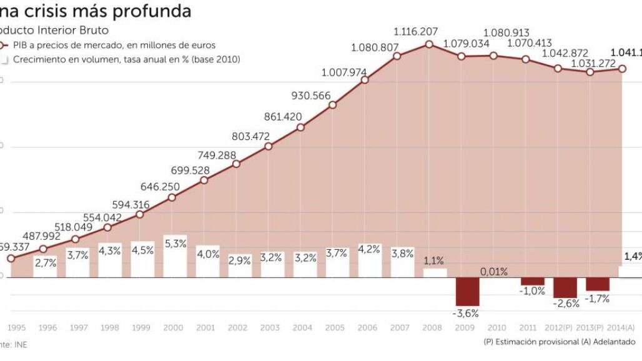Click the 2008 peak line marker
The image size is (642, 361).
(x=429, y=44)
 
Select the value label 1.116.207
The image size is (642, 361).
(x=415, y=31)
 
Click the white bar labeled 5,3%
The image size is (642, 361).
(x=175, y=256)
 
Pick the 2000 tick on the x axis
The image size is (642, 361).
(x=174, y=327)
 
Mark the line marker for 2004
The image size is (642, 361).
(x=300, y=127)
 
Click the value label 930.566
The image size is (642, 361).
(x=311, y=96)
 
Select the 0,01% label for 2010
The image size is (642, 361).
(x=494, y=272)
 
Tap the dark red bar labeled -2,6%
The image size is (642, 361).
(x=565, y=287)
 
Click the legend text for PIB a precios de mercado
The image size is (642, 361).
(x=114, y=45)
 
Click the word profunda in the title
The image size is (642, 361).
(x=154, y=11)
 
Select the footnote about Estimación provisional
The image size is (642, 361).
(x=558, y=342)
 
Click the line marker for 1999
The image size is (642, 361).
(x=139, y=214)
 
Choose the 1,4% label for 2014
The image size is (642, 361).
(x=632, y=256)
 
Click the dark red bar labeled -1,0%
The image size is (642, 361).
(x=533, y=281)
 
